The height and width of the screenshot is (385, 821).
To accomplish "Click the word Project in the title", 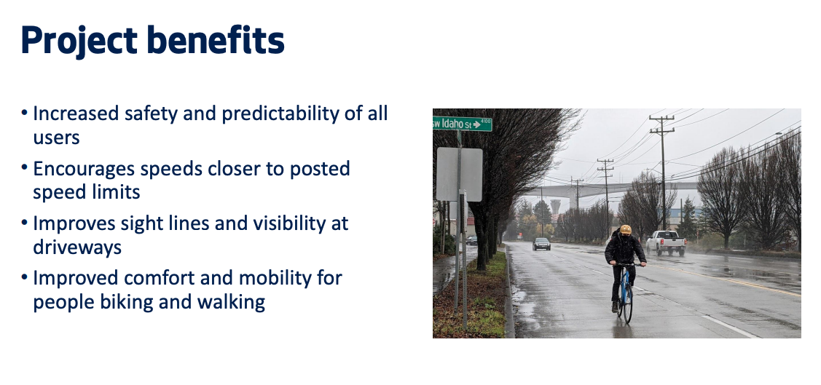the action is pyautogui.click(x=79, y=41).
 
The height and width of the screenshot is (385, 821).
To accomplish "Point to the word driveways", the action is pyautogui.click(x=77, y=247).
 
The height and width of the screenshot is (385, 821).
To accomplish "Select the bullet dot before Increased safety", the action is pyautogui.click(x=24, y=113).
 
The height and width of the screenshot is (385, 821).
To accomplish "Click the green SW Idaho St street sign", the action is pyautogui.click(x=463, y=124).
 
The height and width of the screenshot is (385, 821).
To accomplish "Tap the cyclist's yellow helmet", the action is pyautogui.click(x=625, y=230).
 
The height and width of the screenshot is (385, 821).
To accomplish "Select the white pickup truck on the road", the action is pyautogui.click(x=666, y=243).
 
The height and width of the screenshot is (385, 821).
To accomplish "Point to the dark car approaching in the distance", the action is pyautogui.click(x=541, y=244).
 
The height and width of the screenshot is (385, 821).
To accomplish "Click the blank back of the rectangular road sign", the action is pyautogui.click(x=459, y=174).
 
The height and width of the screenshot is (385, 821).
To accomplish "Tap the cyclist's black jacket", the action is pyautogui.click(x=624, y=249).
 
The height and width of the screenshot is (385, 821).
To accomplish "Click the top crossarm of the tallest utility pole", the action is pyautogui.click(x=661, y=118).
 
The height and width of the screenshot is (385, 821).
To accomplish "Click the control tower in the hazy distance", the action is pyautogui.click(x=555, y=206).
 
